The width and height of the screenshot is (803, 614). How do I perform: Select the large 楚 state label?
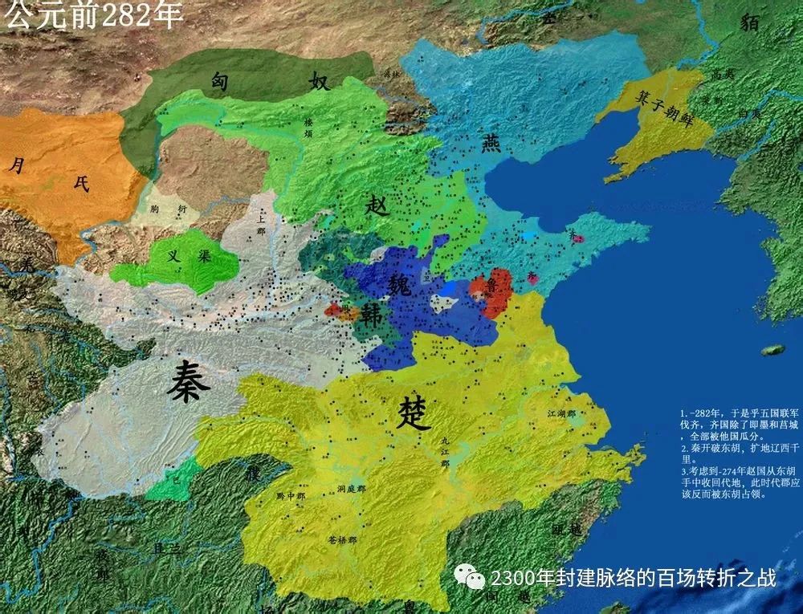tap(414, 413)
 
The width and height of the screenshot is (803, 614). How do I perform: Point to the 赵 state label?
tap(377, 205)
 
